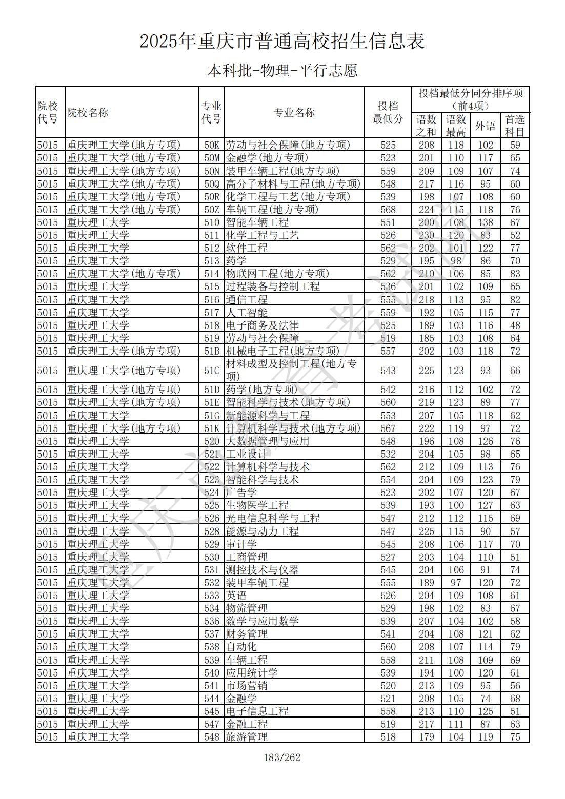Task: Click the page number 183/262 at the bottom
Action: tap(281, 757)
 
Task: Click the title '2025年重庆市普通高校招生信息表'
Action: tap(282, 42)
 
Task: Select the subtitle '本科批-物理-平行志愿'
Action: tap(282, 70)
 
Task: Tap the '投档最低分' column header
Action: tap(388, 112)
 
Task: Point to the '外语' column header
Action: tap(485, 126)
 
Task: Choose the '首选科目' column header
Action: tap(515, 126)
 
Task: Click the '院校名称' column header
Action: tap(88, 113)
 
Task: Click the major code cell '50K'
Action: tap(211, 145)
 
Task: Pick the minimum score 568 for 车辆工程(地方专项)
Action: tap(388, 210)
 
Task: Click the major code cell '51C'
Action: tap(211, 371)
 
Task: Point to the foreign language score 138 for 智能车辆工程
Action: tap(485, 222)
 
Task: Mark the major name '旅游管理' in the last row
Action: tap(247, 737)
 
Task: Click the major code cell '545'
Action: tap(211, 711)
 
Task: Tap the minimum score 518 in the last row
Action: tap(388, 737)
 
